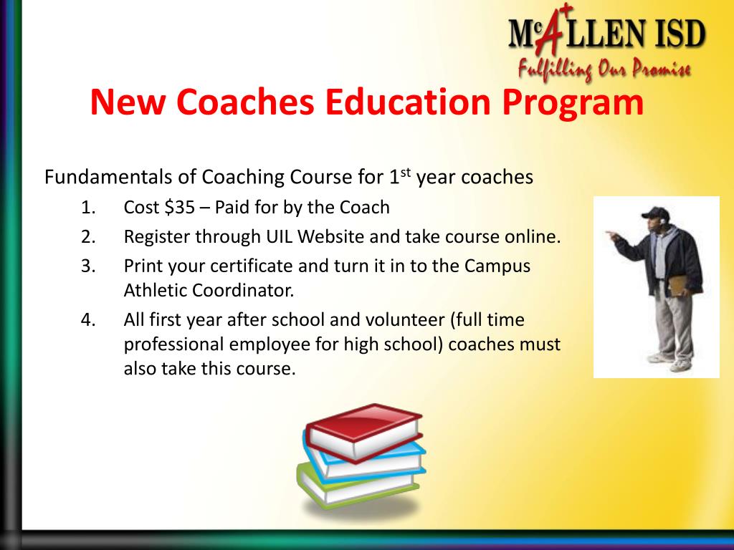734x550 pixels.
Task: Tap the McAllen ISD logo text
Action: pyautogui.click(x=606, y=34)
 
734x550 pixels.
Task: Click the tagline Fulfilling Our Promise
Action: pyautogui.click(x=604, y=69)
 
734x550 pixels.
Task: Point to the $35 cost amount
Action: pyautogui.click(x=179, y=208)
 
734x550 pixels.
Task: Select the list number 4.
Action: pyautogui.click(x=88, y=319)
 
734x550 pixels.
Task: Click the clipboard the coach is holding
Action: pyautogui.click(x=677, y=284)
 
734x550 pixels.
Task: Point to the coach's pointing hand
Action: pyautogui.click(x=610, y=234)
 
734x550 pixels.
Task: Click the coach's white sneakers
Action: pyautogui.click(x=668, y=362)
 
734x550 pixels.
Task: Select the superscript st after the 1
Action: pyautogui.click(x=405, y=172)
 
